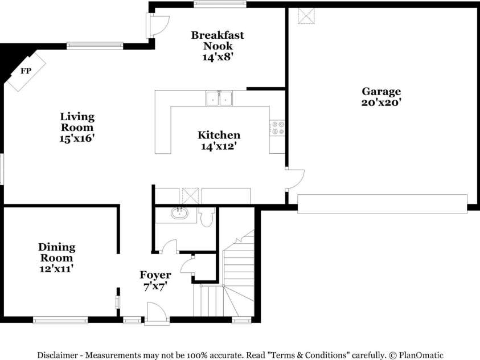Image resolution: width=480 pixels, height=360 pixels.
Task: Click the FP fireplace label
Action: [x=25, y=71]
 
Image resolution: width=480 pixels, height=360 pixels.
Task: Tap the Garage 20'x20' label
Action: [x=381, y=97]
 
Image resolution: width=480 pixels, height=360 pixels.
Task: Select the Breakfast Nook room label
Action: [x=218, y=46]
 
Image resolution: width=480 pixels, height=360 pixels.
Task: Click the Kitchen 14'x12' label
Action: [x=219, y=140]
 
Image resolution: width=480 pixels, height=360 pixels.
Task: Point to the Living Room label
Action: [x=77, y=126]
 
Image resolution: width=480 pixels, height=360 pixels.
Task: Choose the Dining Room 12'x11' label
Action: [x=56, y=257]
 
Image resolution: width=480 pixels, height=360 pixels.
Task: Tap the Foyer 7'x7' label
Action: [x=155, y=281]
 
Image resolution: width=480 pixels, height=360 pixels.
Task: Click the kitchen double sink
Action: [x=219, y=99]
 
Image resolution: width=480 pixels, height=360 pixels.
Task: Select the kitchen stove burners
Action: [x=278, y=128]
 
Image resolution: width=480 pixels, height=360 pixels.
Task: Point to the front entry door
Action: [x=156, y=314]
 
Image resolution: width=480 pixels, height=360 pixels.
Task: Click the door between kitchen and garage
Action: [x=295, y=179]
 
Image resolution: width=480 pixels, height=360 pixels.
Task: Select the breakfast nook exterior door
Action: [x=158, y=24]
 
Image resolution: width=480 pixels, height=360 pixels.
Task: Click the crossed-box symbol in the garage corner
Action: [x=307, y=16]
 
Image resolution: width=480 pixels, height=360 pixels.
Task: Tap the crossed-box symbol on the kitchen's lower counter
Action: [x=189, y=195]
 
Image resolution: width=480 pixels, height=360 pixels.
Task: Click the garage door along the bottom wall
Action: [x=382, y=204]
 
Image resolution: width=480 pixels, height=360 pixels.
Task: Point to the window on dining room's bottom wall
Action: [x=60, y=320]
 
